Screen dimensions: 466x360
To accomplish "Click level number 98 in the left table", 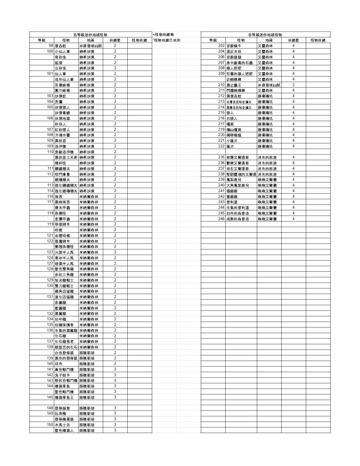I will pyautogui.click(x=51, y=46).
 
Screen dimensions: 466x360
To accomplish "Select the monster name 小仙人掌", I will pyautogui.click(x=62, y=51).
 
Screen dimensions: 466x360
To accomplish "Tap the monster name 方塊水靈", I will pyautogui.click(x=62, y=135).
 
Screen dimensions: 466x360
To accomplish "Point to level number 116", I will pyautogui.click(x=50, y=196).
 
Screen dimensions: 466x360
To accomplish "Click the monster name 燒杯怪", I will pyautogui.click(x=60, y=163).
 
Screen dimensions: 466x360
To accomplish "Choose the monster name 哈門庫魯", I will pyautogui.click(x=62, y=174).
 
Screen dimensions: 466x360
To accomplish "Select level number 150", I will pyautogui.click(x=50, y=425).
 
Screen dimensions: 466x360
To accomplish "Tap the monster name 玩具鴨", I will pyautogui.click(x=60, y=413).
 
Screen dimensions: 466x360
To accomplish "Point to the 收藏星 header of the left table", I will pyautogui.click(x=115, y=40).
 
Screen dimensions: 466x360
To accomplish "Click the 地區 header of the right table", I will pyautogui.click(x=269, y=40).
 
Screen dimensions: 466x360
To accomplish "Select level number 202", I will pyautogui.click(x=221, y=46).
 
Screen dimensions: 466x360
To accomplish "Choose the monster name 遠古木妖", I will pyautogui.click(x=234, y=51).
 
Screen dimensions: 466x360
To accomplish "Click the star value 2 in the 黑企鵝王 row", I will pyautogui.click(x=293, y=85).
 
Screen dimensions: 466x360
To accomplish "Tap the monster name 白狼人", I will pyautogui.click(x=232, y=118).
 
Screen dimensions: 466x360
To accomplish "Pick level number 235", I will pyautogui.click(x=221, y=157).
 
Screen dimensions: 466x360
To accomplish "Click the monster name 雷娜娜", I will pyautogui.click(x=232, y=196).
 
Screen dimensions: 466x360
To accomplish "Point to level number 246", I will pyautogui.click(x=221, y=219).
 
